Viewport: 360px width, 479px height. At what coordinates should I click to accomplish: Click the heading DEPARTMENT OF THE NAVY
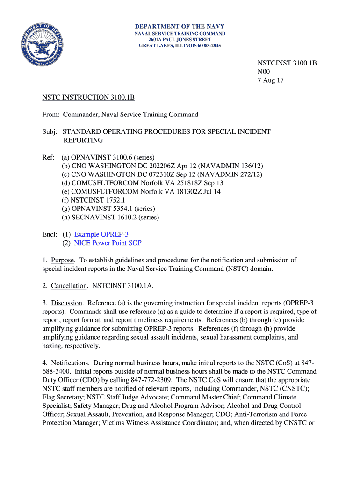click(180, 27)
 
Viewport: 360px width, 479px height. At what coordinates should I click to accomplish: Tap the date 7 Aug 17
click(271, 80)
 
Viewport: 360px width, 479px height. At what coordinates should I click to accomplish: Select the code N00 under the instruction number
click(264, 72)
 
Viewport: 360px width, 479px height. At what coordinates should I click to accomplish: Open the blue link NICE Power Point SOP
click(108, 243)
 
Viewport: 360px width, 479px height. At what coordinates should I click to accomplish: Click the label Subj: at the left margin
click(50, 131)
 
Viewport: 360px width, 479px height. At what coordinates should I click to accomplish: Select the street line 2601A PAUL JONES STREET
click(180, 40)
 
